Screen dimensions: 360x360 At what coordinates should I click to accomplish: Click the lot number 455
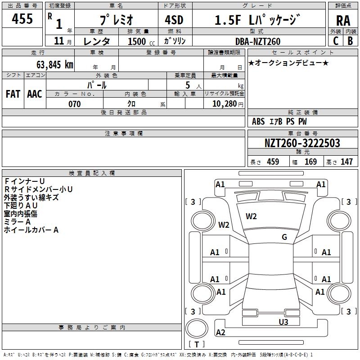pyautogui.click(x=22, y=19)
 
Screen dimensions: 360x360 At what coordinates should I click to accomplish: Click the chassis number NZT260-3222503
pyautogui.click(x=302, y=143)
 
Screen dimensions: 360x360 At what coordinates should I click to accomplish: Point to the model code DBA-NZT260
pyautogui.click(x=258, y=41)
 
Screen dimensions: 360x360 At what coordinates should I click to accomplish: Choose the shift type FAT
pyautogui.click(x=13, y=94)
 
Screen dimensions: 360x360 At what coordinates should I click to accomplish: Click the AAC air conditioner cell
pyautogui.click(x=34, y=94)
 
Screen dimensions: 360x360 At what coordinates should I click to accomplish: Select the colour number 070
pyautogui.click(x=74, y=104)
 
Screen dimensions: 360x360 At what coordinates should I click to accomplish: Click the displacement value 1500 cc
pyautogui.click(x=137, y=41)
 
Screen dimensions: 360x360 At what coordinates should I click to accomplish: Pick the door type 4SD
pyautogui.click(x=171, y=20)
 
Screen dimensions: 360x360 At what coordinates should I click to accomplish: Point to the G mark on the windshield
pyautogui.click(x=284, y=237)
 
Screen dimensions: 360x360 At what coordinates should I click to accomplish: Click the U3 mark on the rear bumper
pyautogui.click(x=283, y=322)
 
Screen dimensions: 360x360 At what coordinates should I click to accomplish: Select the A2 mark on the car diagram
pyautogui.click(x=220, y=333)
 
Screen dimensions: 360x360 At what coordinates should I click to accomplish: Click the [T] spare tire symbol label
pyautogui.click(x=196, y=345)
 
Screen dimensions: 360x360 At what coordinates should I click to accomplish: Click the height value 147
pyautogui.click(x=346, y=162)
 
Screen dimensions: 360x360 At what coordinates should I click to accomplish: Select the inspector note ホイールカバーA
pyautogui.click(x=31, y=230)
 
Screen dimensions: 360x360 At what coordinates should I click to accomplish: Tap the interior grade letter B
pyautogui.click(x=350, y=40)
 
